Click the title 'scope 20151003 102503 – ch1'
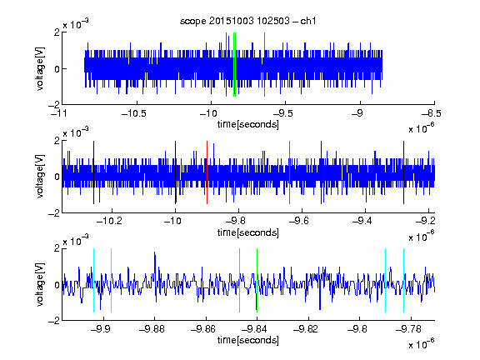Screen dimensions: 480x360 (x=248, y=21)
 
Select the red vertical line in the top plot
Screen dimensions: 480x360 (x=226, y=64)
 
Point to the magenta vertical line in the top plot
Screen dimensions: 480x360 (x=264, y=64)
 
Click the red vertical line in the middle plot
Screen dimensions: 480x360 (x=207, y=172)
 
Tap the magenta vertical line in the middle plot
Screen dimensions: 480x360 (x=290, y=172)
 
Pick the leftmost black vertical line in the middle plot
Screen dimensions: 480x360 (x=93, y=172)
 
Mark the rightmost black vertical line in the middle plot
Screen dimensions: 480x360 (x=403, y=172)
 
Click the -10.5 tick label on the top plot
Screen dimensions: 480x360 (x=134, y=113)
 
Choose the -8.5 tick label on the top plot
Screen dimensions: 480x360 (x=431, y=113)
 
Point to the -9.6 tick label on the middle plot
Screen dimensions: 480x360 (x=299, y=221)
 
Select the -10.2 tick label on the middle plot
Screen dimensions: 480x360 (x=109, y=221)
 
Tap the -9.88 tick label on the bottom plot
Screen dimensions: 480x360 (x=152, y=329)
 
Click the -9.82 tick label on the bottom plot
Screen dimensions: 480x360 (x=306, y=329)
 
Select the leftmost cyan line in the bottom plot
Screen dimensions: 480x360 (x=93, y=280)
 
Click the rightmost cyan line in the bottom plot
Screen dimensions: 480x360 (x=404, y=280)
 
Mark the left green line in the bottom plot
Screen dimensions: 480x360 (x=239, y=280)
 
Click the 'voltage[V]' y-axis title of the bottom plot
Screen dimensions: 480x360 (x=40, y=284)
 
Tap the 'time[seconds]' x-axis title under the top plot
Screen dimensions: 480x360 (x=248, y=124)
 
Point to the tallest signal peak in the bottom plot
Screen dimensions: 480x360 (x=155, y=252)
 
